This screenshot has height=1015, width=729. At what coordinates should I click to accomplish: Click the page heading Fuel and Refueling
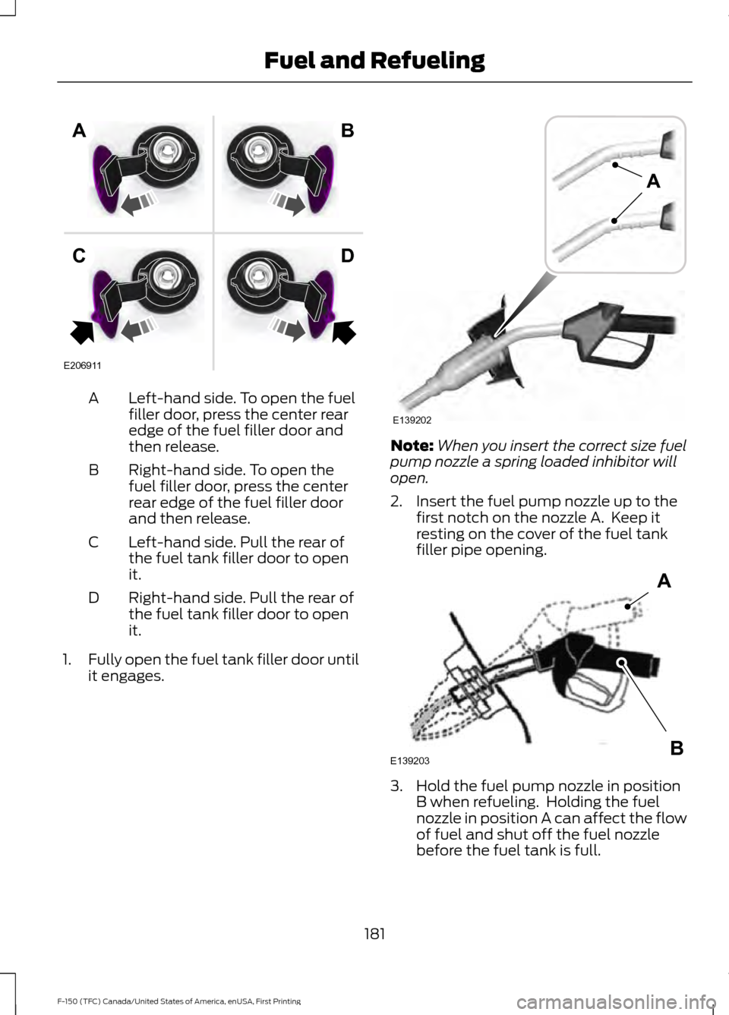(x=374, y=61)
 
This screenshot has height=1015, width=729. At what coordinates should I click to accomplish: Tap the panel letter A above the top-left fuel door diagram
(x=79, y=131)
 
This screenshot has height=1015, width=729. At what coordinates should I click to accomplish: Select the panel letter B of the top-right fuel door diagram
(x=347, y=131)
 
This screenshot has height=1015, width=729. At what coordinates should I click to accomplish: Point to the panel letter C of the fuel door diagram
(x=79, y=257)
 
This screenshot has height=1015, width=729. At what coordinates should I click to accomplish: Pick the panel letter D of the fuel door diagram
(x=347, y=256)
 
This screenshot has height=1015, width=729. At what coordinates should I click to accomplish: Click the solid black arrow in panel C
(x=82, y=332)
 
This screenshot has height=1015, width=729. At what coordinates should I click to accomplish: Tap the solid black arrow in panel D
(x=344, y=332)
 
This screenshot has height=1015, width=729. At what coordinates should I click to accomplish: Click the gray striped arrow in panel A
(x=138, y=202)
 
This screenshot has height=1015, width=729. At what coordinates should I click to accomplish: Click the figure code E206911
(x=82, y=365)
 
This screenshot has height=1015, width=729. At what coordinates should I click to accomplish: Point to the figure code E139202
(x=412, y=420)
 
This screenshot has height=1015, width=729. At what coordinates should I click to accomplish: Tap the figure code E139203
(x=410, y=761)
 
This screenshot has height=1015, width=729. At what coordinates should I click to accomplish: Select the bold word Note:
(x=412, y=446)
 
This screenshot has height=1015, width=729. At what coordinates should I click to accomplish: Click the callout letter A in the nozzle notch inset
(x=653, y=181)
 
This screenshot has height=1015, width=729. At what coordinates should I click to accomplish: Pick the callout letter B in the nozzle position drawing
(x=677, y=747)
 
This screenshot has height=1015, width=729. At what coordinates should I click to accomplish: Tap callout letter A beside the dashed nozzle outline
(x=664, y=580)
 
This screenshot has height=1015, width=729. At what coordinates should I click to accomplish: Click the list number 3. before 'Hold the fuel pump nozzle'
(x=396, y=786)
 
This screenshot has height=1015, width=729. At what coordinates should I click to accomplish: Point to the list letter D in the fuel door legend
(x=93, y=597)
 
